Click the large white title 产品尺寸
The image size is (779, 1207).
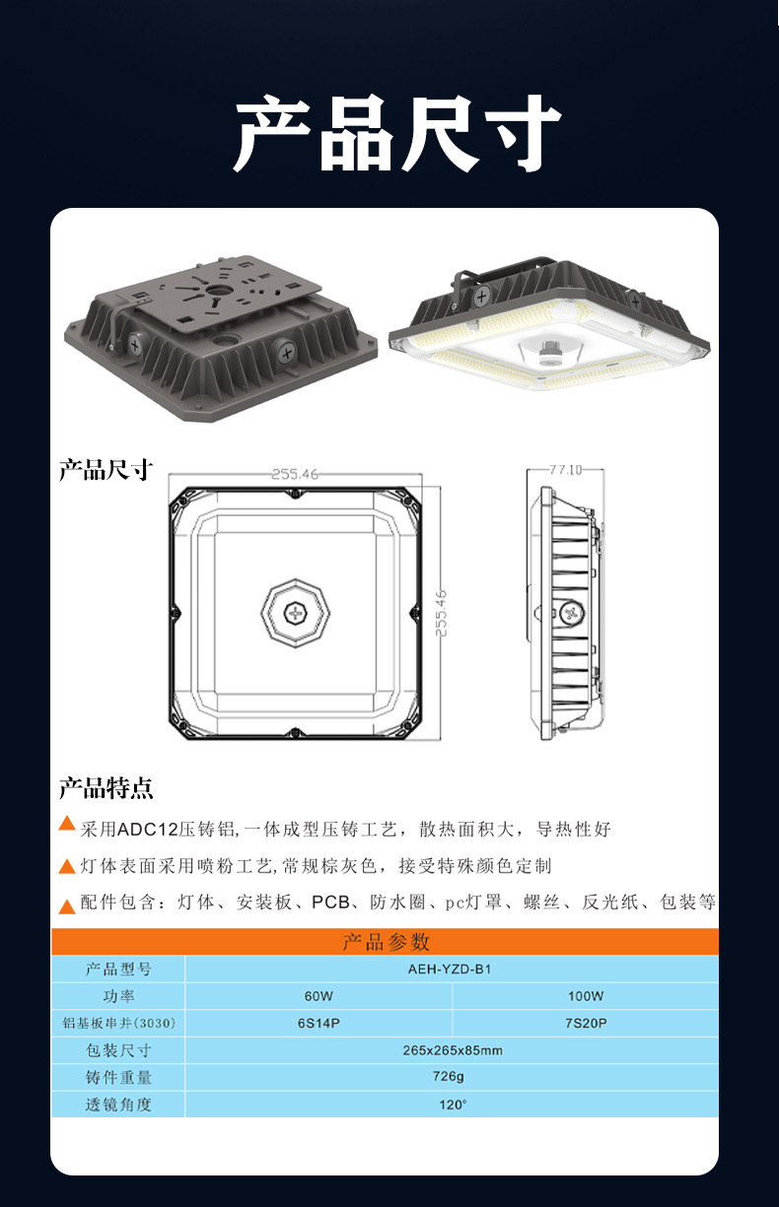click(396, 135)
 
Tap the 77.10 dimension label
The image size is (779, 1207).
click(564, 470)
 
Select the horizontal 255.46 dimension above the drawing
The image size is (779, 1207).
click(295, 474)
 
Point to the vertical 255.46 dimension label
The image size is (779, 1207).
click(441, 613)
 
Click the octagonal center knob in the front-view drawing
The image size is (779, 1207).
click(295, 613)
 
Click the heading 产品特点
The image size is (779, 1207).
click(106, 788)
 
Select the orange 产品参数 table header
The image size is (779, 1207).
click(385, 942)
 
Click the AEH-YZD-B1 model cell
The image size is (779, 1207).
click(450, 970)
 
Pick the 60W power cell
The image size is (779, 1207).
click(319, 996)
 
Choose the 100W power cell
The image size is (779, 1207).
click(585, 996)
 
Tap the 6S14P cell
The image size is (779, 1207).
click(319, 1024)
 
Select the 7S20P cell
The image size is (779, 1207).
click(585, 1024)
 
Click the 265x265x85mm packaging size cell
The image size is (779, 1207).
click(452, 1050)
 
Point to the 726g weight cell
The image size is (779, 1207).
click(452, 1077)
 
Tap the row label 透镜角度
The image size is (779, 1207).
click(118, 1105)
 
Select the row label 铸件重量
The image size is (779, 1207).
click(118, 1077)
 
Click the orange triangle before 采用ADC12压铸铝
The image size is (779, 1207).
click(67, 824)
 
